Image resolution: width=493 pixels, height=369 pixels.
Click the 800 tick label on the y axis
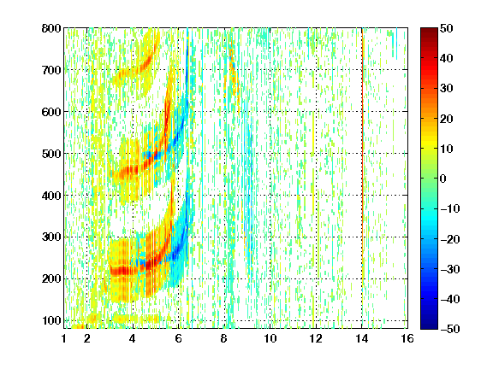pos(51,28)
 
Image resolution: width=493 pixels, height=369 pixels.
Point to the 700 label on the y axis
pos(51,70)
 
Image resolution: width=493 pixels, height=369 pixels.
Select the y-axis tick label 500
pos(51,154)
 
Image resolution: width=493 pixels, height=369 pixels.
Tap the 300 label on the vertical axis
pos(51,237)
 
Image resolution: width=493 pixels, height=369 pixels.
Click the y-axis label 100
pos(51,320)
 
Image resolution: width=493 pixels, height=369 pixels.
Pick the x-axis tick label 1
pos(64,339)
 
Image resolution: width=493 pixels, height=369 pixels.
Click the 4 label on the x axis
pos(133,339)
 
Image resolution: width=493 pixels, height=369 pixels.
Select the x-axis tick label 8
pos(224,339)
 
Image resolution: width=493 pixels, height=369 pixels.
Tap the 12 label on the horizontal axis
pos(316,339)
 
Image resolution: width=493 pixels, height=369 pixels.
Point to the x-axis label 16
pos(407,339)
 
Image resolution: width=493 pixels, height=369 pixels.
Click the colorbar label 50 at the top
pos(447,28)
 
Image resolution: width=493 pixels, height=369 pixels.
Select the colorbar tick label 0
pos(443,179)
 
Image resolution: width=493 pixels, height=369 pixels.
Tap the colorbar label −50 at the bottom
pos(450,329)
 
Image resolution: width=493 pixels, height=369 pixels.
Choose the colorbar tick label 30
pos(447,89)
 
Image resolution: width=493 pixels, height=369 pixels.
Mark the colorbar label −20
pos(450,239)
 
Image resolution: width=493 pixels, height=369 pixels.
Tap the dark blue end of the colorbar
pos(429,326)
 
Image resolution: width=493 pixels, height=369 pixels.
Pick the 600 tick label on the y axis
pos(51,112)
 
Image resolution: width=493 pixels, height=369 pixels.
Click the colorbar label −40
pos(450,299)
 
